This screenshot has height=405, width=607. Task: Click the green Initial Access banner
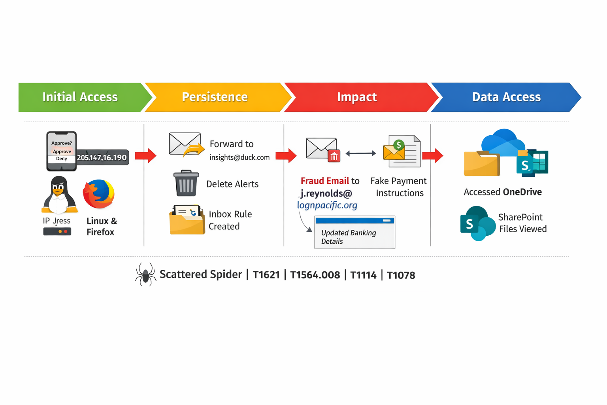click(x=80, y=97)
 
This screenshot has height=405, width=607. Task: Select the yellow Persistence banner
click(x=215, y=97)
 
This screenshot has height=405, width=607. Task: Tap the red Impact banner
click(x=357, y=97)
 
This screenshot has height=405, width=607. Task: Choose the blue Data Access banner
click(x=506, y=97)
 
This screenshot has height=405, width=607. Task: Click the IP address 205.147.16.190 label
click(x=102, y=157)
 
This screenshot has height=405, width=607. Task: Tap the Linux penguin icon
click(x=58, y=195)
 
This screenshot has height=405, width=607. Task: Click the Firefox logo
click(x=99, y=194)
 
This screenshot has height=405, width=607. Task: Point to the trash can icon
click(x=186, y=183)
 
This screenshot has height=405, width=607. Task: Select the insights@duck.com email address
click(x=239, y=157)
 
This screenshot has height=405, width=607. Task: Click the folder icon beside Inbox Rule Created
click(x=187, y=220)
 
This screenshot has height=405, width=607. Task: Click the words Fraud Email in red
click(x=324, y=181)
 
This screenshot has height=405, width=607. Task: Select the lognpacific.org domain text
click(x=327, y=205)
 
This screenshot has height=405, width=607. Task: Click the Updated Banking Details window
click(x=354, y=233)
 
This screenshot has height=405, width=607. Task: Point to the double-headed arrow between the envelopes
click(x=360, y=153)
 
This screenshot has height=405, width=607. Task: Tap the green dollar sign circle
click(x=399, y=145)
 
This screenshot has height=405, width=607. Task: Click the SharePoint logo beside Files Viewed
click(x=477, y=223)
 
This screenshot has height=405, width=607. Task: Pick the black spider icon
click(x=145, y=274)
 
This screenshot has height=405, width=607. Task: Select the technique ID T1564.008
click(x=315, y=275)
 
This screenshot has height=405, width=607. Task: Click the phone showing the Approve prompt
click(x=61, y=151)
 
